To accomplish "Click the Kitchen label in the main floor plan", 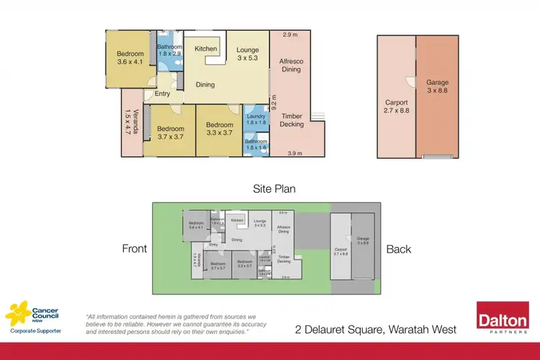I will [x=206, y=49].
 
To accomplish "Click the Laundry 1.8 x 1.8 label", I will [x=256, y=120].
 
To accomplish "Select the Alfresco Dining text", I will [x=292, y=66].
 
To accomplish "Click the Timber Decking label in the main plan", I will [x=292, y=120].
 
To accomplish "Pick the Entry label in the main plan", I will [x=163, y=94].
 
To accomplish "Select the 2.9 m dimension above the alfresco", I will [x=290, y=35].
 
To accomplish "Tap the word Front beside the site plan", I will [x=135, y=249].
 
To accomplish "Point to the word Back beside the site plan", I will [x=398, y=249].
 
